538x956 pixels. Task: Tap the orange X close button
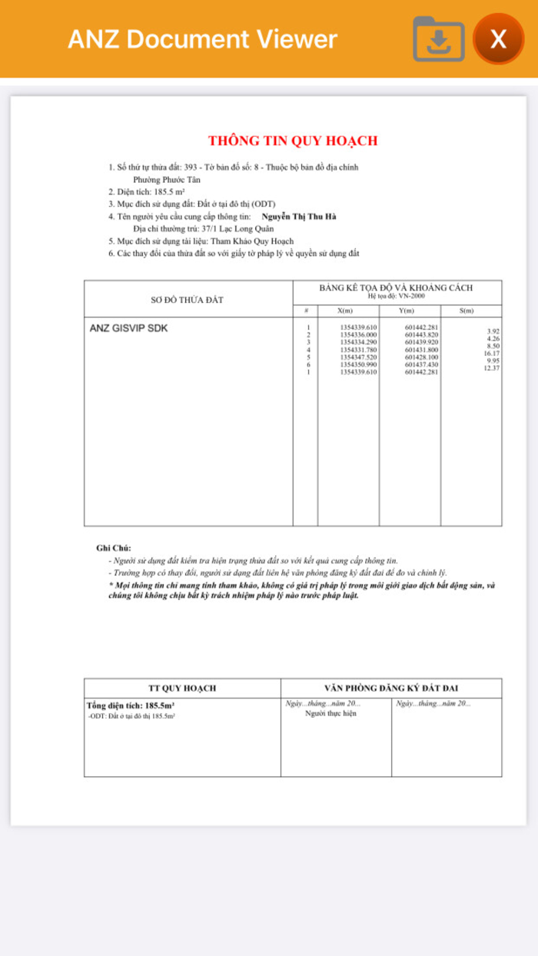click(498, 38)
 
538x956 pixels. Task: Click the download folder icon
click(439, 38)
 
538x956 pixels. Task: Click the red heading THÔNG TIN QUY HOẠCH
click(293, 141)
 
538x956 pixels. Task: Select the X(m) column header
click(345, 310)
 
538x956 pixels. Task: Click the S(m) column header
click(466, 310)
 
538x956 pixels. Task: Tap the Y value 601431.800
click(421, 350)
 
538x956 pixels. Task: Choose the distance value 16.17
click(492, 354)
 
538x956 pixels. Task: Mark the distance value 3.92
click(493, 331)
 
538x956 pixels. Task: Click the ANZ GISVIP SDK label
click(128, 328)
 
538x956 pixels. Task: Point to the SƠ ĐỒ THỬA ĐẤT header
click(187, 300)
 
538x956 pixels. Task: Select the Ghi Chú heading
click(114, 548)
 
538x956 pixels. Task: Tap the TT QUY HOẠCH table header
click(182, 688)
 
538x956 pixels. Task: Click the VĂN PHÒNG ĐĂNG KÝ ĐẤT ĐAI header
click(391, 688)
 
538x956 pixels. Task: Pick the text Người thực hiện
click(330, 714)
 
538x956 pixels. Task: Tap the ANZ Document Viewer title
click(202, 39)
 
